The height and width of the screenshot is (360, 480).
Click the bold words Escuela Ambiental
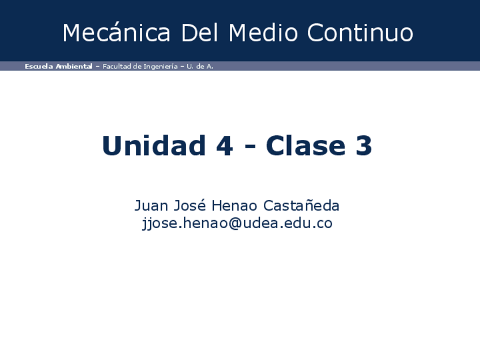click(58, 66)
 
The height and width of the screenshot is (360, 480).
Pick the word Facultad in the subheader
click(117, 66)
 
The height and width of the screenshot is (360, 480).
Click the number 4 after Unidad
click(225, 145)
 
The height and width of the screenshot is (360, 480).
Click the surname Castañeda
click(302, 205)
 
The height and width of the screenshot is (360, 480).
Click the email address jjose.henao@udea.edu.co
click(237, 224)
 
